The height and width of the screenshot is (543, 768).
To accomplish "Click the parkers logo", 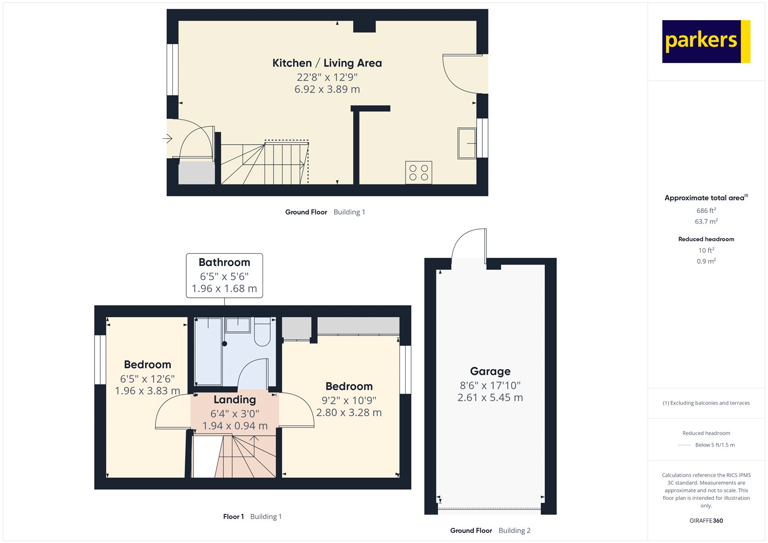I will point(706,41).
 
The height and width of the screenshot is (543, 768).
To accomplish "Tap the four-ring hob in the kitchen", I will point(419,173).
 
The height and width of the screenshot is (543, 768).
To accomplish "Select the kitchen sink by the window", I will point(466,143).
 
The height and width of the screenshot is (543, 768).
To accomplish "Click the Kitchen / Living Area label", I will point(327,63).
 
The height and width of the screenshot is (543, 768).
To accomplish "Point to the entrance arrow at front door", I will point(168,139).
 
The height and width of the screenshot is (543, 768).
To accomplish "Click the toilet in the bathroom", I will point(262,332).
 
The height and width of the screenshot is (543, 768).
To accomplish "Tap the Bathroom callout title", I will point(224,262).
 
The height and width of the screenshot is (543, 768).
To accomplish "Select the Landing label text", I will point(235,399).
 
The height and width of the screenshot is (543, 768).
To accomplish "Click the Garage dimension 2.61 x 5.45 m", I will point(490,398).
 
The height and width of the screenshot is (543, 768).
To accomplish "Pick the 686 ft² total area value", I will point(706,210).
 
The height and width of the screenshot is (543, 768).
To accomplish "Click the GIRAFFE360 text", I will point(706,520).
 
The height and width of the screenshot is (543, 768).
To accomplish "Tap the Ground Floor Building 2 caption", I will point(490,531).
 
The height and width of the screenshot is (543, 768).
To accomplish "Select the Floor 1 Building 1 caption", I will point(252,517).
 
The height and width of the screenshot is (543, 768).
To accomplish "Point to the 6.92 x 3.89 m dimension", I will point(327,89).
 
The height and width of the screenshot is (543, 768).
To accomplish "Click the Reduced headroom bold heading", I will point(706,239).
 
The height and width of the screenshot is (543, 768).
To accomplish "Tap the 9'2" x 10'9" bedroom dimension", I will point(349,400).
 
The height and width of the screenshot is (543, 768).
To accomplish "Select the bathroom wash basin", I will point(238,325).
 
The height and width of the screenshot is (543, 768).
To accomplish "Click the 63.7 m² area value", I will point(706,221).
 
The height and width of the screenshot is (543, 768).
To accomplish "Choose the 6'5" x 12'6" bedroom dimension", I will point(147,379).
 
